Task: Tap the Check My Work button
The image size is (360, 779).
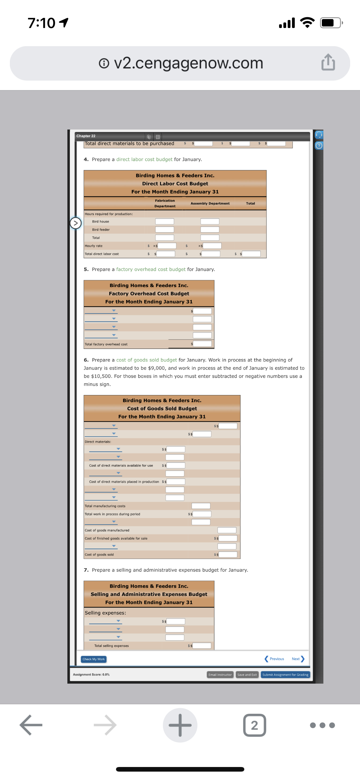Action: [94, 659]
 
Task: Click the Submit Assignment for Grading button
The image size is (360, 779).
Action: [285, 675]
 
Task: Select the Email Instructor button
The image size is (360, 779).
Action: [220, 675]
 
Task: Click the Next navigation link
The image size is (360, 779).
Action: [298, 659]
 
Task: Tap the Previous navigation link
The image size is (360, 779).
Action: [274, 659]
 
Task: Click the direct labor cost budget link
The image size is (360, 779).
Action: [144, 159]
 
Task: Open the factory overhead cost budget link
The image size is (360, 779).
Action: [151, 269]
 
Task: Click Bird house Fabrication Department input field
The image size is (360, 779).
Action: [165, 222]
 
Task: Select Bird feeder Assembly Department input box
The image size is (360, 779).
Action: [210, 230]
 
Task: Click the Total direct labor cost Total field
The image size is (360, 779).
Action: [251, 254]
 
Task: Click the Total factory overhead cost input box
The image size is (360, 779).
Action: [202, 344]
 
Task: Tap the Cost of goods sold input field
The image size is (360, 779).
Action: [228, 554]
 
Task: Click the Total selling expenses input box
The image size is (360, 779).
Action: [202, 645]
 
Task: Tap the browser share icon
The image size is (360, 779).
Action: [328, 63]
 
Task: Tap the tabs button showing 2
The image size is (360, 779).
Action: [254, 725]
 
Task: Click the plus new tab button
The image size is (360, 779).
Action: [180, 725]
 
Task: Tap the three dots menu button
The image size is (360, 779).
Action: [322, 725]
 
